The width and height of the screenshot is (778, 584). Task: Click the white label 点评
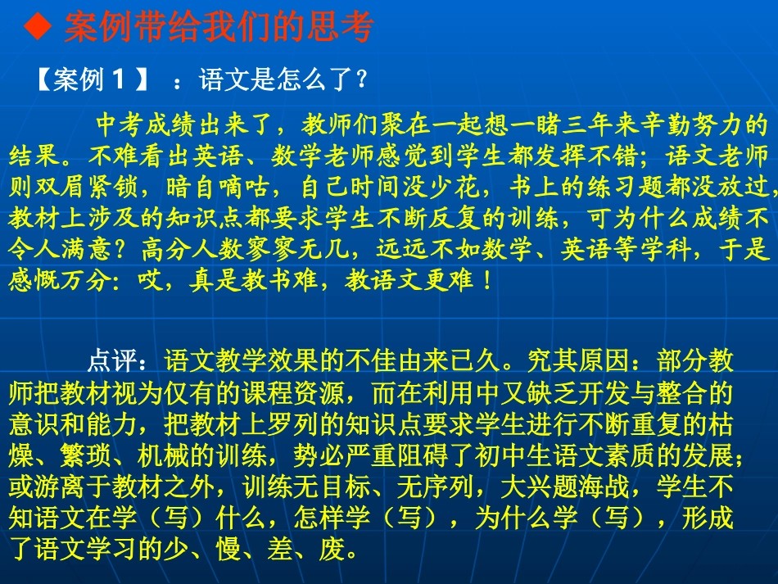click(x=111, y=361)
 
